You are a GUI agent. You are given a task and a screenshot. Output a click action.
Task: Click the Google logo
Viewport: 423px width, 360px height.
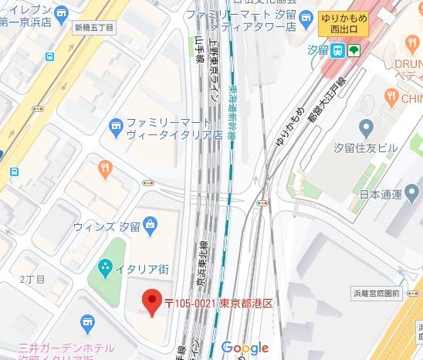pos(245,348)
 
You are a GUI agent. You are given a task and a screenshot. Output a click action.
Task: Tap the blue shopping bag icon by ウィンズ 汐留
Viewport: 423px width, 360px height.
pos(149,226)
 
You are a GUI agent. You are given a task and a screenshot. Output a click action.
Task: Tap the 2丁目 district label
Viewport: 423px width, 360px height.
pos(33,279)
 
